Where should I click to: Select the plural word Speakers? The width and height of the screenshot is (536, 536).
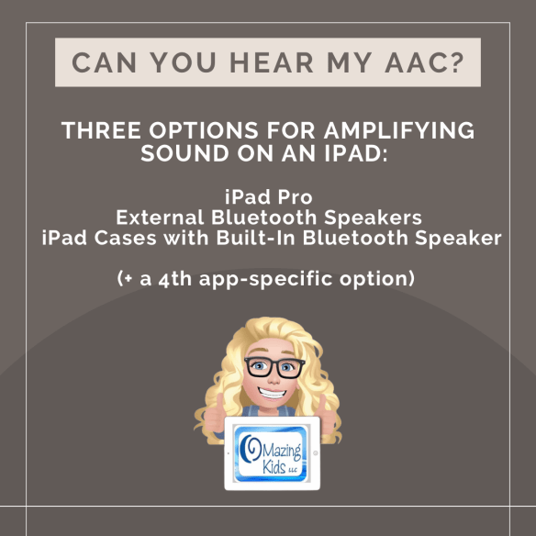[x=377, y=218]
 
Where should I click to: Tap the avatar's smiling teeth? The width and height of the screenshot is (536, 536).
[x=268, y=396]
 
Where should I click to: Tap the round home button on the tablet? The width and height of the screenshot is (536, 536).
[x=314, y=453]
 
